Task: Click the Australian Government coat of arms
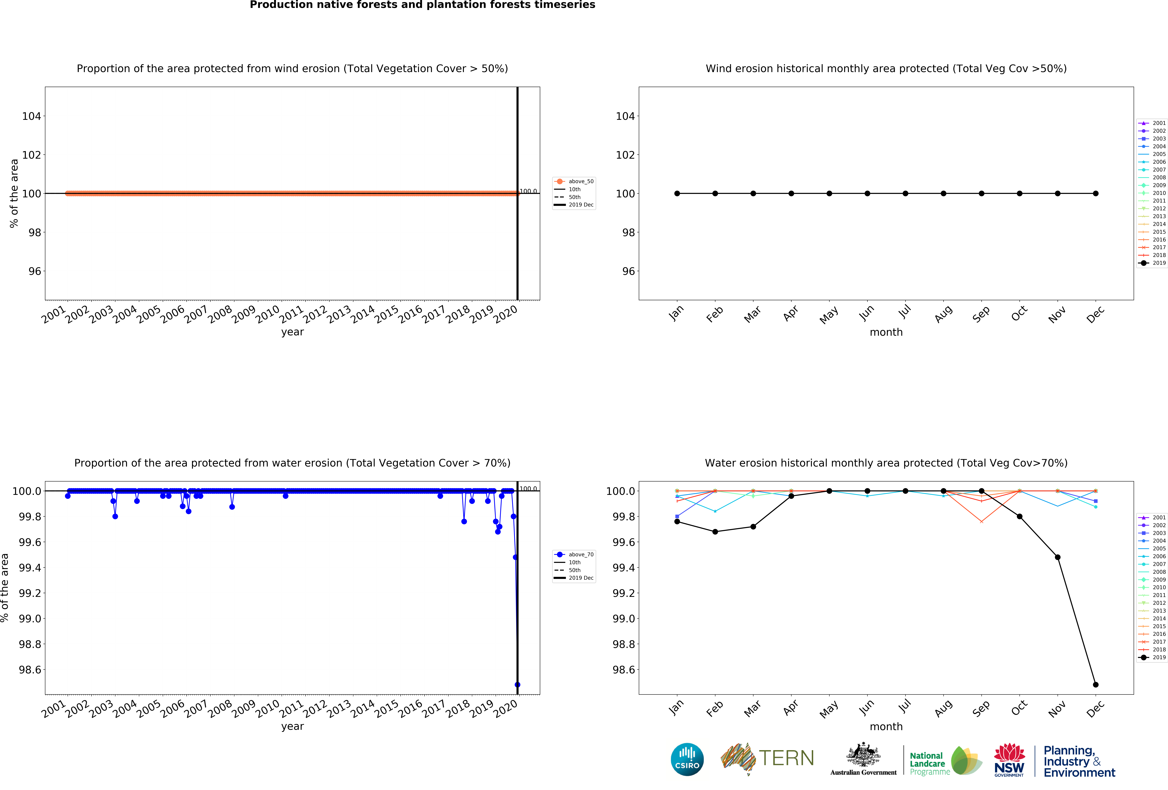click(x=863, y=754)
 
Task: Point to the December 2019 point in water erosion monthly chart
click(x=1096, y=684)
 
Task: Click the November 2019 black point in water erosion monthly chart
click(x=1057, y=557)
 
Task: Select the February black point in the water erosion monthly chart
click(x=715, y=532)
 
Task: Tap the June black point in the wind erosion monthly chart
click(x=868, y=194)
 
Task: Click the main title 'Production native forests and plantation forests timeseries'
click(x=422, y=5)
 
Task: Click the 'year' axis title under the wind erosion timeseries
click(x=292, y=332)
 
